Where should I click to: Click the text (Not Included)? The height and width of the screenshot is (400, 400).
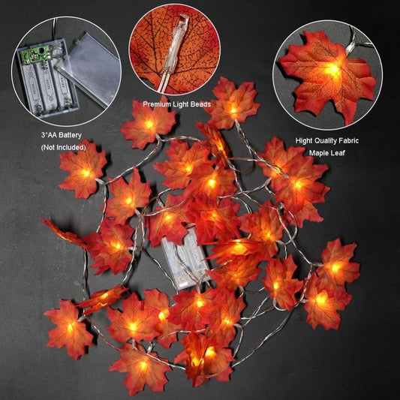pyautogui.click(x=64, y=147)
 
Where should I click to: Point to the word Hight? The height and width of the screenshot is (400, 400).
pyautogui.click(x=304, y=141)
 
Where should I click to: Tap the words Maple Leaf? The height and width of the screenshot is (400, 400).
pyautogui.click(x=327, y=153)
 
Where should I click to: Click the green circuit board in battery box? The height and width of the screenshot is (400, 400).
pyautogui.click(x=34, y=54)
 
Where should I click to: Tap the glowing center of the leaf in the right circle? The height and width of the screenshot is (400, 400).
pyautogui.click(x=333, y=69)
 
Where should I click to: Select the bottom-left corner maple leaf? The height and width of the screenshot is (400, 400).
pyautogui.click(x=68, y=329)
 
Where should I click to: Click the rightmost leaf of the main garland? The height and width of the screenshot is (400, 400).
pyautogui.click(x=337, y=266)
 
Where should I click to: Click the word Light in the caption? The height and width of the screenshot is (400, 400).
pyautogui.click(x=179, y=104)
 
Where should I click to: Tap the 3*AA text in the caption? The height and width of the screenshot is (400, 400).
pyautogui.click(x=48, y=135)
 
